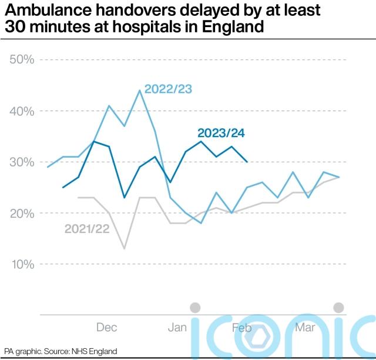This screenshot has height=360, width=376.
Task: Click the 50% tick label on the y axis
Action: (22, 60)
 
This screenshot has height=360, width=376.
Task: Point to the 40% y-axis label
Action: (22, 111)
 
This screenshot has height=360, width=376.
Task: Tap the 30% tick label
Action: (22, 162)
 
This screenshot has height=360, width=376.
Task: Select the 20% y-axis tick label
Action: (22, 213)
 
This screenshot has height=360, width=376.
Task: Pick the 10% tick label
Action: (22, 264)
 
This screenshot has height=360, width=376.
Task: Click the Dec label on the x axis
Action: (107, 327)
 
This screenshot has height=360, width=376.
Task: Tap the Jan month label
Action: (177, 327)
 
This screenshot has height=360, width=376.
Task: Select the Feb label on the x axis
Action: (241, 327)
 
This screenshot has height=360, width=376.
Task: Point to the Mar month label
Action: (304, 327)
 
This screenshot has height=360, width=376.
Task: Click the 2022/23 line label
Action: (168, 89)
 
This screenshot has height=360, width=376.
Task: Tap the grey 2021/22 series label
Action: (86, 228)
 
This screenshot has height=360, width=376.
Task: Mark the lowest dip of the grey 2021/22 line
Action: (124, 249)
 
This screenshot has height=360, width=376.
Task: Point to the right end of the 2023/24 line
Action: (247, 162)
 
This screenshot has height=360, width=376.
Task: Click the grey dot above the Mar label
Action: (338, 307)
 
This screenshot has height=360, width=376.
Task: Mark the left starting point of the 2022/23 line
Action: (48, 167)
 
